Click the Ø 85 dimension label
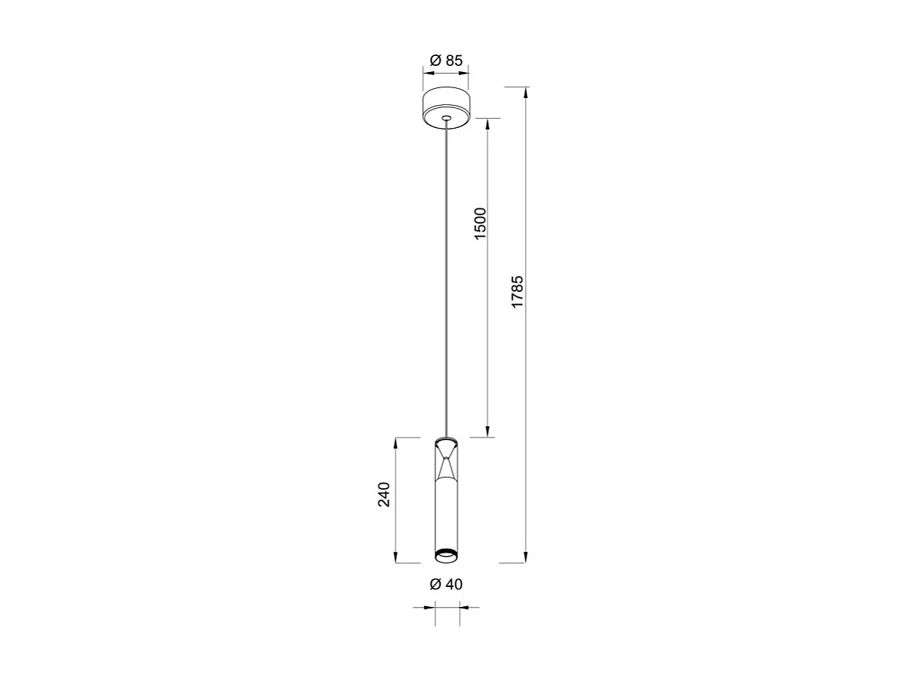point(446,61)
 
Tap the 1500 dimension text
point(481,224)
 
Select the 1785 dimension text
point(518,291)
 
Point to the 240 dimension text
point(385,494)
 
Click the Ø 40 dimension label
point(446,584)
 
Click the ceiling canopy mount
point(446,107)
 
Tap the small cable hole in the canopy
point(446,118)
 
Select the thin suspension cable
point(446,276)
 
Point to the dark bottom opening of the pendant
point(446,554)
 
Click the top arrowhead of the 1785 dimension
point(526,93)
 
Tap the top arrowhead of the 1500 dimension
point(487,123)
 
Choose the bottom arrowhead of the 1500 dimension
point(487,432)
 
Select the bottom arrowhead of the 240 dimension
point(396,558)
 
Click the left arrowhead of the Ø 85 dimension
point(428,74)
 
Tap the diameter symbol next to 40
point(435,584)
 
